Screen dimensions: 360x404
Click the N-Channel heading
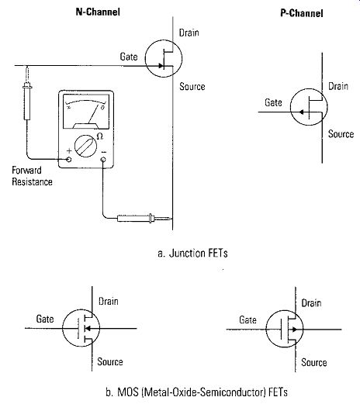(x=98, y=12)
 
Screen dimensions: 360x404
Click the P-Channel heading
(x=302, y=13)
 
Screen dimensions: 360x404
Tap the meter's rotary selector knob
(x=86, y=146)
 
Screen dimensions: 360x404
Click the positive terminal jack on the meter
(x=69, y=159)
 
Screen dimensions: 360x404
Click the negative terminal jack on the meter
(x=103, y=160)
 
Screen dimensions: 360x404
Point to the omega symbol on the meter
(x=100, y=136)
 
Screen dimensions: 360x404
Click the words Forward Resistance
(x=32, y=176)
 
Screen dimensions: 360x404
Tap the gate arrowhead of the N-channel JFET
(x=161, y=66)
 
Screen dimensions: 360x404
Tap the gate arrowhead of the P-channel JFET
(x=301, y=112)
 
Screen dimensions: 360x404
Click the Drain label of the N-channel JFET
(x=189, y=33)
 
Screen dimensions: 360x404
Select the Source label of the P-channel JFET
(x=341, y=134)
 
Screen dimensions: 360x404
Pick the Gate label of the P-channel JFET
(x=273, y=102)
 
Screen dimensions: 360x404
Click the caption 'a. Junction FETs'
(x=192, y=253)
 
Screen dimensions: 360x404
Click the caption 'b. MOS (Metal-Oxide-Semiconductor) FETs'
(x=196, y=392)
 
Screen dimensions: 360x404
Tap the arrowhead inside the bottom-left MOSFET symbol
(x=88, y=328)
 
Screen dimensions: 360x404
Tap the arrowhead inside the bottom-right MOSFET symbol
(x=295, y=330)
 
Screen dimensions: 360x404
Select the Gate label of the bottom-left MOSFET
(x=45, y=319)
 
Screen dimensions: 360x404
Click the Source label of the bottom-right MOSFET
(x=314, y=362)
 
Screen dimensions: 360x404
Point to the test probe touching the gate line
(x=27, y=93)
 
